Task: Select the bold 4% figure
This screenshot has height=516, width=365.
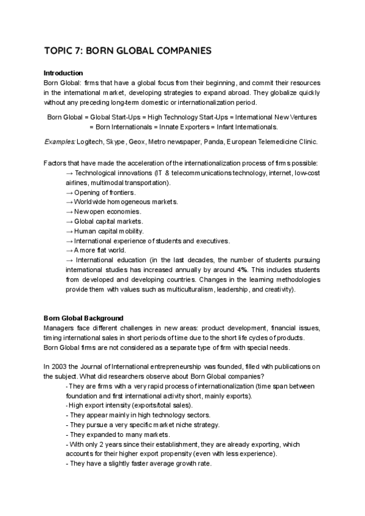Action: click(242, 270)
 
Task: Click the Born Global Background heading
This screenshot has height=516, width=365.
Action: click(84, 318)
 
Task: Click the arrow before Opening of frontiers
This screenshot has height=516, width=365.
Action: click(69, 192)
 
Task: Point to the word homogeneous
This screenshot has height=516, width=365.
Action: click(130, 202)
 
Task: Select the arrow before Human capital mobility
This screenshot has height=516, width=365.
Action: click(69, 231)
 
